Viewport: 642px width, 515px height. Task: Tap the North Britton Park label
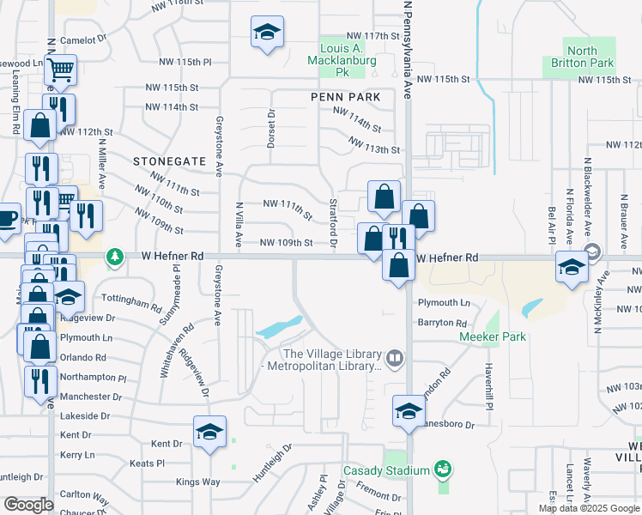point(582,57)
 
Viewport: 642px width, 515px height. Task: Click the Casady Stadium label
point(386,470)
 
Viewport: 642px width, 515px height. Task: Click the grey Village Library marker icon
point(395,357)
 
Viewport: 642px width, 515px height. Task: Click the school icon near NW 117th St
point(268,33)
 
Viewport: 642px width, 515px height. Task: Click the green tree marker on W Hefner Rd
point(114,257)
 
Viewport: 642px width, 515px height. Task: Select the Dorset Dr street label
point(270,130)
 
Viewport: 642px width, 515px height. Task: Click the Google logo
point(28,505)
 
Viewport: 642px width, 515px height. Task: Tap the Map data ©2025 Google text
point(588,508)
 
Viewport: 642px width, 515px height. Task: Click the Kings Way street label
point(199,482)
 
